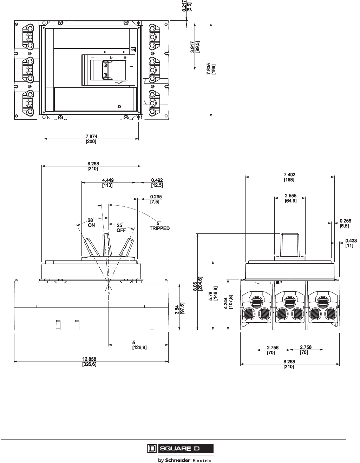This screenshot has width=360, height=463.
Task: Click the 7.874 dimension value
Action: click(x=91, y=137)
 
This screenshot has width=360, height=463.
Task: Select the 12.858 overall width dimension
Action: click(x=89, y=359)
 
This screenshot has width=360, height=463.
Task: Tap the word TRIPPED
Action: click(x=160, y=228)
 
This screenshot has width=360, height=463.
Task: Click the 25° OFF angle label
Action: click(x=120, y=228)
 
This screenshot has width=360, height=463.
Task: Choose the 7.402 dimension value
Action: click(x=289, y=174)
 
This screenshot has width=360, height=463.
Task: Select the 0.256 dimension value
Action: click(x=346, y=221)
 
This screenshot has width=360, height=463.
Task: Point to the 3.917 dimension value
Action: click(x=193, y=47)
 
